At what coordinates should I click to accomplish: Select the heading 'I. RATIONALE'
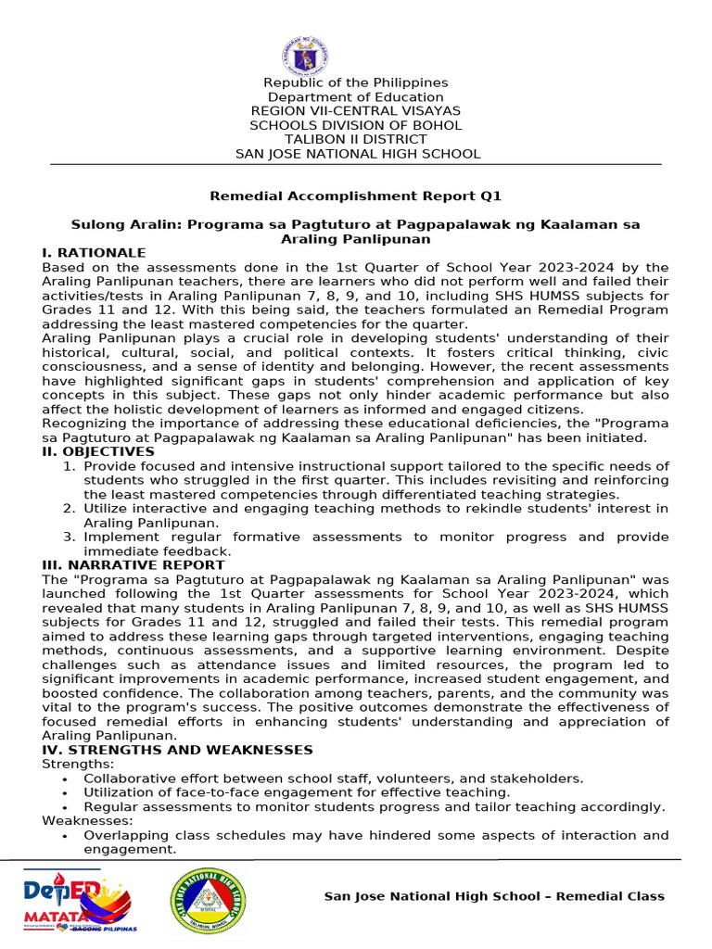(x=94, y=253)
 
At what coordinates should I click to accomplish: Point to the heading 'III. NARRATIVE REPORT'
(x=133, y=564)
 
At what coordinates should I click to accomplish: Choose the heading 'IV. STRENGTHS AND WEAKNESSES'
(x=177, y=750)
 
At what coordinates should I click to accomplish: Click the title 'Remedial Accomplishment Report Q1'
(x=355, y=196)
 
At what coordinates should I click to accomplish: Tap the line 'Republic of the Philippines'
(x=355, y=83)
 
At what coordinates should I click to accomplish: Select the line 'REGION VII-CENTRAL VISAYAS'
(x=355, y=111)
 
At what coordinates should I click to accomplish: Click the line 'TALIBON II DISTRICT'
(x=355, y=140)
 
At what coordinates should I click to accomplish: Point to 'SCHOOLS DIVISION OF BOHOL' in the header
(x=355, y=126)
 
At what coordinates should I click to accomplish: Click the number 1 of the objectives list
(x=69, y=465)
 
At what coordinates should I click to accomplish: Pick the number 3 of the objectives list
(x=69, y=537)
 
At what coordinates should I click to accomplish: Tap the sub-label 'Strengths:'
(x=78, y=764)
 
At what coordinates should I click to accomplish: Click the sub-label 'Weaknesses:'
(x=87, y=821)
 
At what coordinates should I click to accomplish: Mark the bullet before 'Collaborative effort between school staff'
(x=64, y=778)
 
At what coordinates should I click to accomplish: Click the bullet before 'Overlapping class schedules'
(x=64, y=836)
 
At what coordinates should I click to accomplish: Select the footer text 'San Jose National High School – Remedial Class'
(x=493, y=896)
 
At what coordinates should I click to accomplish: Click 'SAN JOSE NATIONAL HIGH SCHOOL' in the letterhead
(x=357, y=154)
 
